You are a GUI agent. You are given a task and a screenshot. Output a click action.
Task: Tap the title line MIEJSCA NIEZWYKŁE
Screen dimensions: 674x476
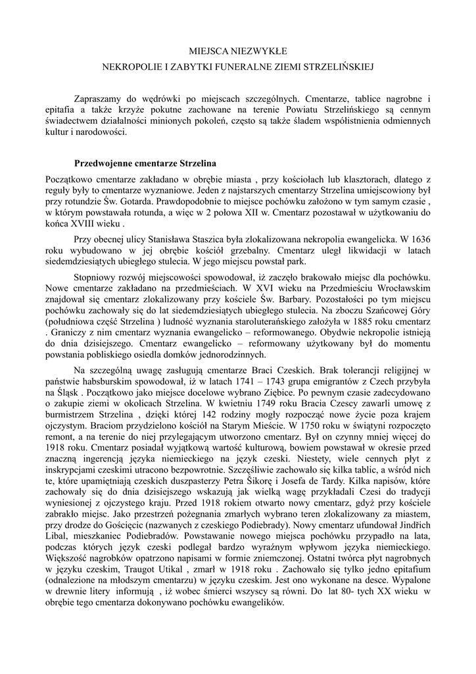coord(238,51)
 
